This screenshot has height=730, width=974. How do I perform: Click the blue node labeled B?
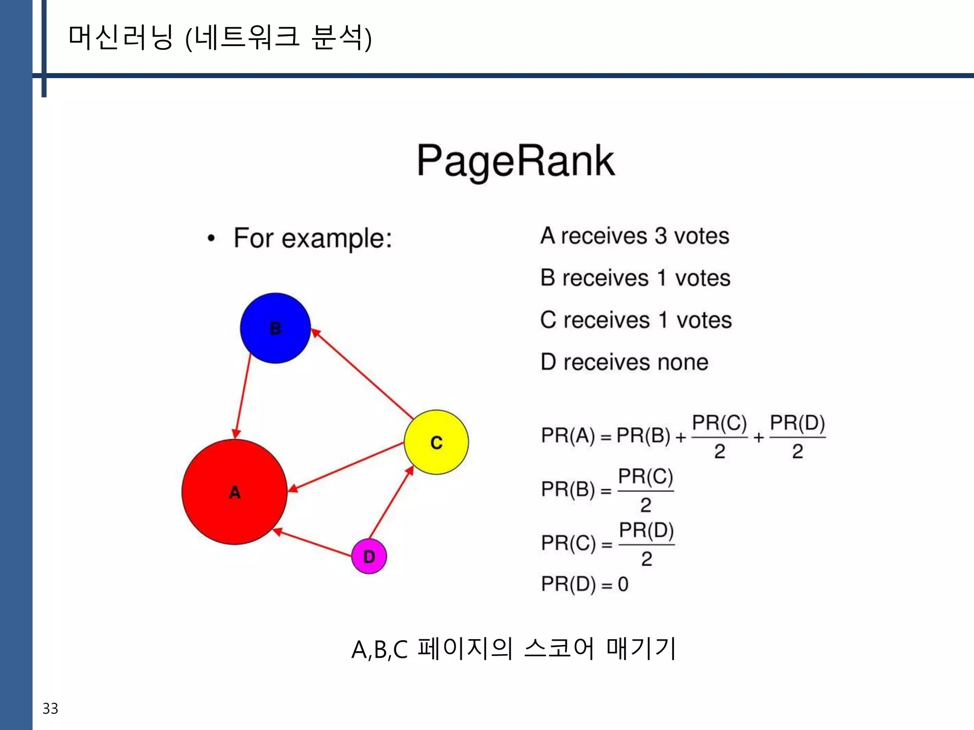(x=275, y=328)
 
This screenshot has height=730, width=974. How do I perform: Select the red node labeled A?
(x=234, y=491)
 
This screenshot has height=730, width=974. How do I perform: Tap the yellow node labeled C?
(x=436, y=442)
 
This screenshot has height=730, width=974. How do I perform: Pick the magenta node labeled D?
(x=369, y=556)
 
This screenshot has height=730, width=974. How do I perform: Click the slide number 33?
(x=50, y=708)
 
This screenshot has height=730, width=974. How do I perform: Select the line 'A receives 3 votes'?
(x=634, y=236)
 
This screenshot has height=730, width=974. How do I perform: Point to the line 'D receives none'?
(x=624, y=362)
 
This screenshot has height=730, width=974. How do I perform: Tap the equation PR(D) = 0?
(x=584, y=584)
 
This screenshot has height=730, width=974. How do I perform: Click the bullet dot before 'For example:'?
(x=212, y=238)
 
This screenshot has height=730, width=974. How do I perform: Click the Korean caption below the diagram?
(x=514, y=648)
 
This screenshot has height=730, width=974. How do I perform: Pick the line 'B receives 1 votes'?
(x=635, y=278)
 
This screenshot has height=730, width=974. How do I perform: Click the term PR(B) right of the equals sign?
(x=643, y=435)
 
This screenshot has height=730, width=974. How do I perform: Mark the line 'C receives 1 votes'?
(x=636, y=320)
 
